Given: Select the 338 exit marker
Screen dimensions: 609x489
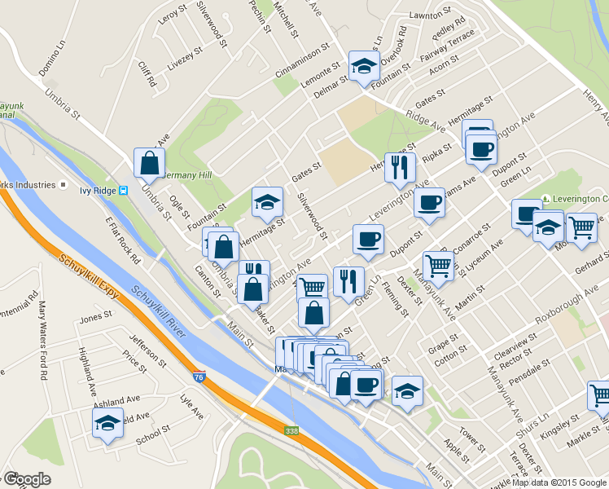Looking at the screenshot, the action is pyautogui.click(x=291, y=430).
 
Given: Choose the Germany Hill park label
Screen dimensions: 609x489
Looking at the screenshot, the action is pyautogui.click(x=186, y=175).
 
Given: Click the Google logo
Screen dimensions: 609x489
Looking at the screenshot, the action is pyautogui.click(x=26, y=480).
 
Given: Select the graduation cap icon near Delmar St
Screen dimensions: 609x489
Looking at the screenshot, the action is pyautogui.click(x=364, y=66).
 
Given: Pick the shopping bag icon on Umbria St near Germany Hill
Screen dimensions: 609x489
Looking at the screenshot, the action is pyautogui.click(x=151, y=163).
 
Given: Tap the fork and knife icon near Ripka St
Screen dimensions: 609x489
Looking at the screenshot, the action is pyautogui.click(x=399, y=167).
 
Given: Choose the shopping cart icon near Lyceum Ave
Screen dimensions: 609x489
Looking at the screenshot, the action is pyautogui.click(x=438, y=266).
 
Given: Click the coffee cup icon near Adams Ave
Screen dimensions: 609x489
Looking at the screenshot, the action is pyautogui.click(x=428, y=203).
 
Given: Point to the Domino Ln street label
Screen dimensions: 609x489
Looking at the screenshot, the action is pyautogui.click(x=51, y=59).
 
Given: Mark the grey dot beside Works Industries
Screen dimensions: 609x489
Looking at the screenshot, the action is pyautogui.click(x=61, y=185).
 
